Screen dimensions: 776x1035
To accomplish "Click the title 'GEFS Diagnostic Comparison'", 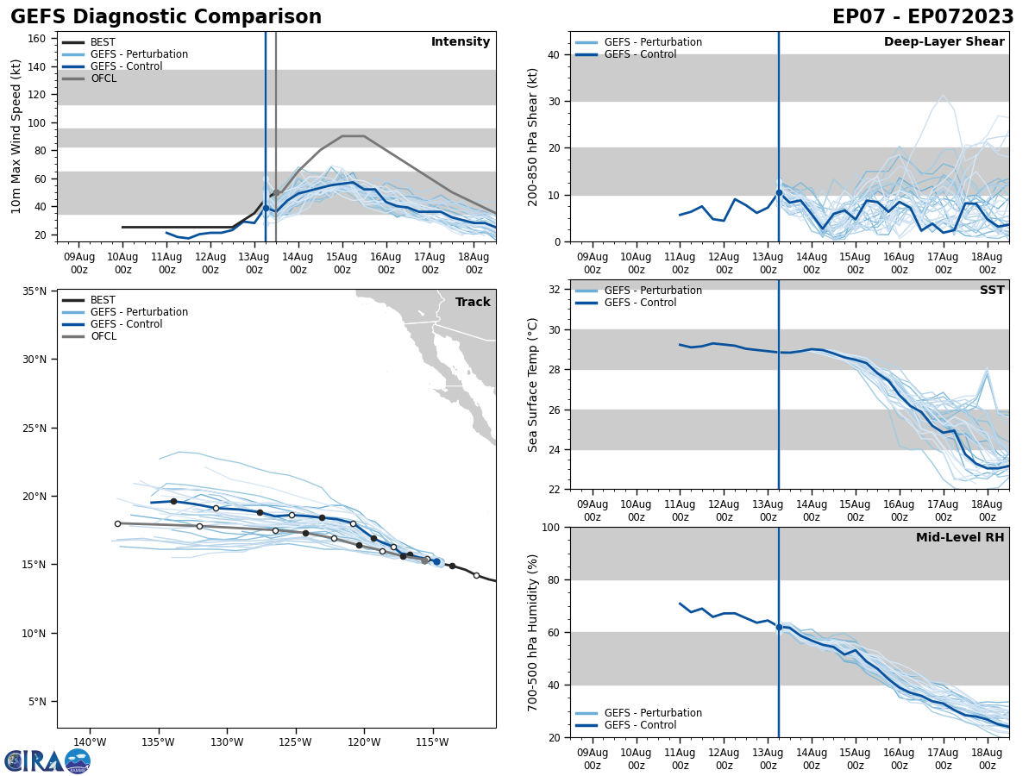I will click(x=166, y=17).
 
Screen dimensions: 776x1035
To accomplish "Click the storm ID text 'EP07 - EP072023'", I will click(x=923, y=17).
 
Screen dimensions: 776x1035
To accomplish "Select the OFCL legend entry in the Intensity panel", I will click(x=103, y=78).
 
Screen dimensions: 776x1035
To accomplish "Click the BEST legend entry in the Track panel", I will click(x=103, y=300).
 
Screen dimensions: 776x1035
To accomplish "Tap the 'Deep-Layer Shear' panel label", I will click(x=944, y=42).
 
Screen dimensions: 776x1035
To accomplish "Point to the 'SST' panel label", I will click(x=992, y=291).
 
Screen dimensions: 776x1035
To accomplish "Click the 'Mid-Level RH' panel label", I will click(x=960, y=538).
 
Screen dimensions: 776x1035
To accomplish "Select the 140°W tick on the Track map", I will click(x=90, y=742).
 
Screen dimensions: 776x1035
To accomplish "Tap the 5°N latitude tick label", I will click(x=37, y=702).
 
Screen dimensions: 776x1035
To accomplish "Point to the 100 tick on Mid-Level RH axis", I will click(x=550, y=527).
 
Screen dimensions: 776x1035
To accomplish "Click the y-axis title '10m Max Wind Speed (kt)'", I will click(x=17, y=136).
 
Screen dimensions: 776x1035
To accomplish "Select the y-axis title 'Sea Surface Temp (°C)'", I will click(x=533, y=385).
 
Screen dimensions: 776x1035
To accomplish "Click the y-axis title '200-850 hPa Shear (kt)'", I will click(x=533, y=136).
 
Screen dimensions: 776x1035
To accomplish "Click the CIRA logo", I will click(x=47, y=760).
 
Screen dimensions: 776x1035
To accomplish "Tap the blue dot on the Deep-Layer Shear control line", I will click(x=779, y=192).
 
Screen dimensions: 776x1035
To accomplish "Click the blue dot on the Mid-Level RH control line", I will click(x=779, y=627).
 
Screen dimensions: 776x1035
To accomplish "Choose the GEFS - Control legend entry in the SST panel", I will click(x=640, y=303).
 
